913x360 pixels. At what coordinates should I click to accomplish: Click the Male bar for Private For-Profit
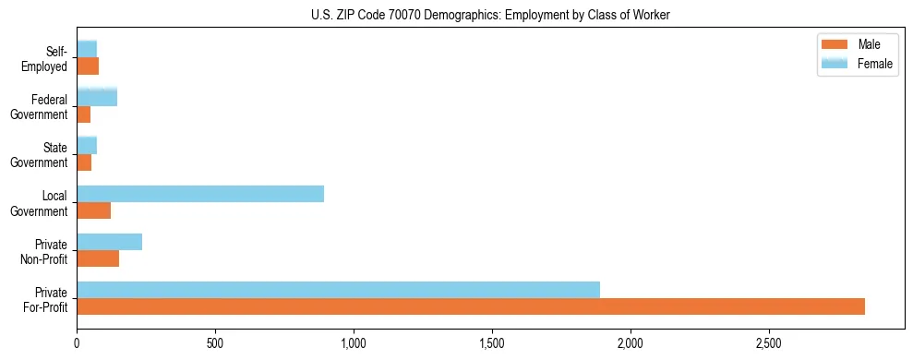471,306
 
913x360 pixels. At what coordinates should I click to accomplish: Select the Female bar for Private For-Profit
338,290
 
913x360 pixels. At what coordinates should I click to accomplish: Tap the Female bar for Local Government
200,194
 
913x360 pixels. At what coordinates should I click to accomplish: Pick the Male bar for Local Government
93,210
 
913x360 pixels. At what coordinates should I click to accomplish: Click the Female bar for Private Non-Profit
109,242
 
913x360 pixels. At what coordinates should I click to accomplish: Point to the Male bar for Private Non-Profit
98,258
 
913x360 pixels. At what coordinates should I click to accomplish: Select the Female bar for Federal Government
97,98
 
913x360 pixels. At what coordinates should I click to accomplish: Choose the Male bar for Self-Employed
88,66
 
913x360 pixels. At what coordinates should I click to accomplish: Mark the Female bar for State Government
87,146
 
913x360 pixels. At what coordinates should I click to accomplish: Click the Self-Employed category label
47,58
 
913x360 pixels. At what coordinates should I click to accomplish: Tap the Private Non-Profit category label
45,251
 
